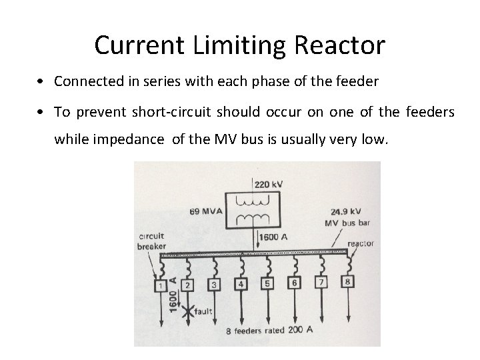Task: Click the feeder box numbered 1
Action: coord(161,286)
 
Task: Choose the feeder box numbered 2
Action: coord(188,285)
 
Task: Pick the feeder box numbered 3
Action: coord(214,285)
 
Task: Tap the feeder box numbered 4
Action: coord(241,284)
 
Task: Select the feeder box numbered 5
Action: coord(267,283)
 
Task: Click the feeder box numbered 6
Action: coord(294,283)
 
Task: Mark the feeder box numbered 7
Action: coord(321,282)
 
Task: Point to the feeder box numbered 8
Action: coord(347,281)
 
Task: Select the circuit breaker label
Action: coord(152,241)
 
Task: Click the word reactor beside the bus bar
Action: coord(360,244)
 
